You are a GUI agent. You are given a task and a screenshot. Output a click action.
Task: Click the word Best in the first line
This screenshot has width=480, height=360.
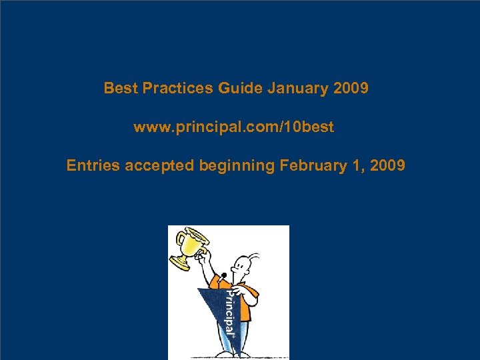118,89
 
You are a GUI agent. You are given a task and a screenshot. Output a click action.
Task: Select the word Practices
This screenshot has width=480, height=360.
173,89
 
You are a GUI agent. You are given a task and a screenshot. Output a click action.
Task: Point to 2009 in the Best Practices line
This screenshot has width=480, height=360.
349,89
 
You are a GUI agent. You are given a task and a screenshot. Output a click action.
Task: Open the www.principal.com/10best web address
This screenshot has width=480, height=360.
233,127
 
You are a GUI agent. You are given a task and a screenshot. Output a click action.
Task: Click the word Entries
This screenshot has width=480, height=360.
93,165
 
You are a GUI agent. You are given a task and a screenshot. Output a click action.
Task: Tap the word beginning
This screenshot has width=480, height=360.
236,165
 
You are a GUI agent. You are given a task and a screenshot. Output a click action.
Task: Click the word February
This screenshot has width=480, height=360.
311,165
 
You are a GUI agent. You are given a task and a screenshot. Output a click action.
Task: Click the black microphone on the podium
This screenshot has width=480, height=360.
224,275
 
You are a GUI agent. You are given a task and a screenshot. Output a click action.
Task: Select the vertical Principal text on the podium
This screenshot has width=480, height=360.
228,313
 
